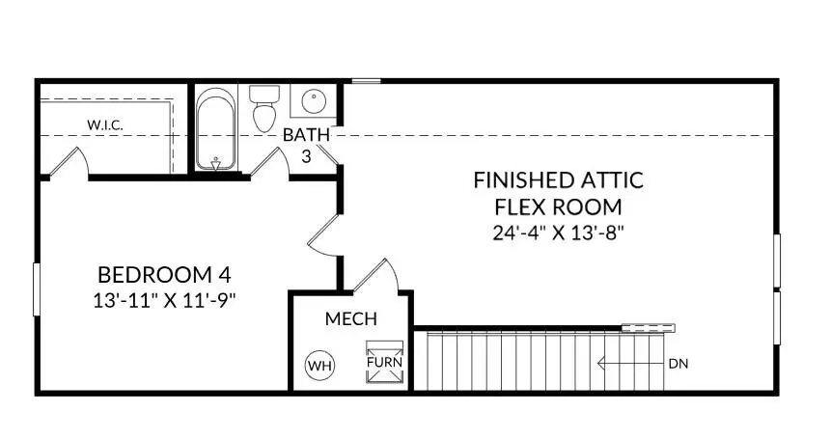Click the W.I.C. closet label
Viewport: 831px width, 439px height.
click(106, 125)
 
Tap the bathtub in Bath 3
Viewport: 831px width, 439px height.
click(217, 131)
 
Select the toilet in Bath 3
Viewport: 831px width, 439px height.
click(264, 108)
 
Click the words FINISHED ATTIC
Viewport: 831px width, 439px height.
click(558, 180)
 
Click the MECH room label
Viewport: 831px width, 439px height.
click(350, 319)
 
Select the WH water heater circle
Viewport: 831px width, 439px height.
click(319, 366)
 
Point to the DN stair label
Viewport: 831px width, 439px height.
click(678, 364)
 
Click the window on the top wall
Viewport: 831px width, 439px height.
click(364, 81)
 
